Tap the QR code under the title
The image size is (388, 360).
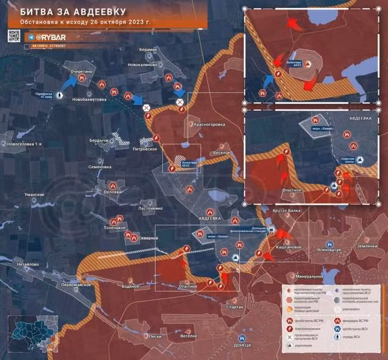[14, 36]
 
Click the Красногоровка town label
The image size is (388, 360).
[209, 124]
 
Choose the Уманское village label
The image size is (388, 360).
[35, 194]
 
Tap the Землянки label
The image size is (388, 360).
[367, 246]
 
